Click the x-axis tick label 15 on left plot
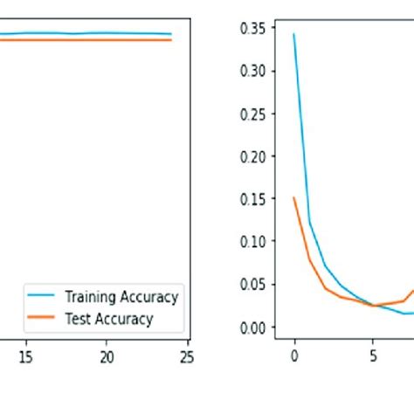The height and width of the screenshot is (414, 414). [25, 356]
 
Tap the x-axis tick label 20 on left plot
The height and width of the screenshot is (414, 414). [106, 356]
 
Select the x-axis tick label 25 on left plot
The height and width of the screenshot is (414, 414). [186, 356]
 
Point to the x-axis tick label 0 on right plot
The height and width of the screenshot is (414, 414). [293, 356]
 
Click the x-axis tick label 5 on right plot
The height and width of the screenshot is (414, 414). [374, 356]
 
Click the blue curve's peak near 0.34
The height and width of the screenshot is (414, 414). [293, 34]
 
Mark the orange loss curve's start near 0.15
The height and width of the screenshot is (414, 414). [294, 197]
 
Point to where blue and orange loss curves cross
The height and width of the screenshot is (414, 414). [374, 306]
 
